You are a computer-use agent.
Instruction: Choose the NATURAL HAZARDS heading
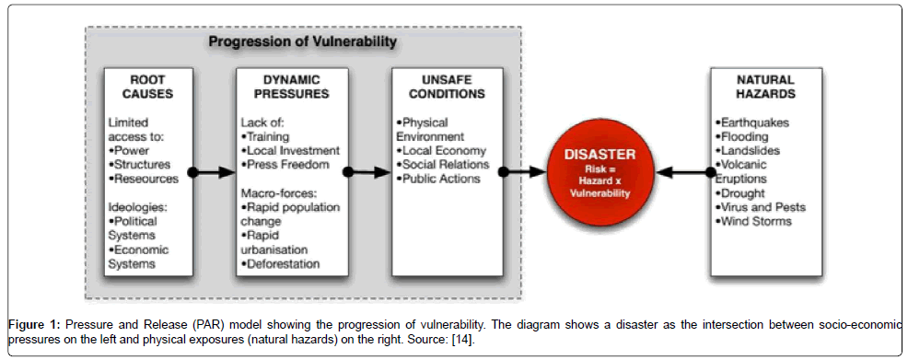pyautogui.click(x=766, y=86)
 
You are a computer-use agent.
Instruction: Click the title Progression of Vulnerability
pyautogui.click(x=303, y=41)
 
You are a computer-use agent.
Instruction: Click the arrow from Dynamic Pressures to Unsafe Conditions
pyautogui.click(x=368, y=172)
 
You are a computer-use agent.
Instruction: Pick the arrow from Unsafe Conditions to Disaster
pyautogui.click(x=524, y=172)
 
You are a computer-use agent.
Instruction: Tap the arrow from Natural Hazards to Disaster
pyautogui.click(x=686, y=172)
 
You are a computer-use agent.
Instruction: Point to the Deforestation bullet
pyautogui.click(x=280, y=264)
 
